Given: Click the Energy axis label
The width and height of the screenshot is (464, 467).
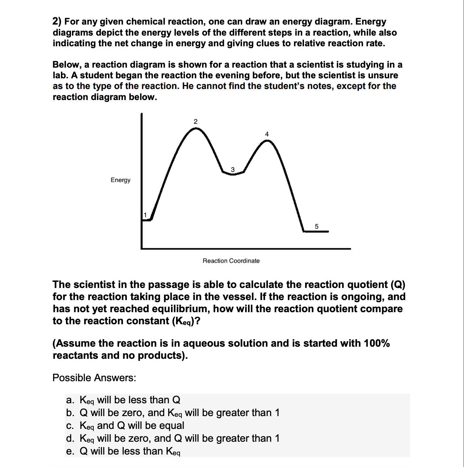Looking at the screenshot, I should coord(120,180).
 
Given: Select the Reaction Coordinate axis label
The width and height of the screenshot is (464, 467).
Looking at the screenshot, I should coord(231,261).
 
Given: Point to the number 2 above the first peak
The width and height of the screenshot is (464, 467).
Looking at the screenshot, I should coord(195,121).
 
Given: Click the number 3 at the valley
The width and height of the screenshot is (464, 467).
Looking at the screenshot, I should coord(233,170).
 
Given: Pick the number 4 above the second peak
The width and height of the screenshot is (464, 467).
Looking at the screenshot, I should coord(267,134).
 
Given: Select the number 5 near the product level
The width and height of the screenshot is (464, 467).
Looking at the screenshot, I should coord(316,226).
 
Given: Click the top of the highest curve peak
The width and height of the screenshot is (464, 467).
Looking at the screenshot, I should coord(196,128).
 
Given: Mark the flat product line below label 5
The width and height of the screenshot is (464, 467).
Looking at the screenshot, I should coord(316,232).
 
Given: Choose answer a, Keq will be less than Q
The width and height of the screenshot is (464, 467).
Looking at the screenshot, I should coord(123,400).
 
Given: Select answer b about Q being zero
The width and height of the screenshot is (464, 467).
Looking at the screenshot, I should coord(173,413).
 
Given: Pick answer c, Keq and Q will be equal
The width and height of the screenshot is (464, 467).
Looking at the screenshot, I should coord(125,426).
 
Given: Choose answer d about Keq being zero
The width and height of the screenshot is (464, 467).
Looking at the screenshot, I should coord(173,439).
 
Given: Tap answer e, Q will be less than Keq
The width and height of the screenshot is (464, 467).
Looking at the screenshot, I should coord(123,451).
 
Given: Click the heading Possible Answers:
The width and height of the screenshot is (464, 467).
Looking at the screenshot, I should coord(94,378).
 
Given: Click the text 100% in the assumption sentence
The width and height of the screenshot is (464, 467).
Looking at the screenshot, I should coord(376,343).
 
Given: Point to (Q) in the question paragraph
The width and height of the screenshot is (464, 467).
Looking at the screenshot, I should coord(398,285).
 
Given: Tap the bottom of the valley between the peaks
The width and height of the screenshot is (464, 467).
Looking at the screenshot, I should coord(232,174).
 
